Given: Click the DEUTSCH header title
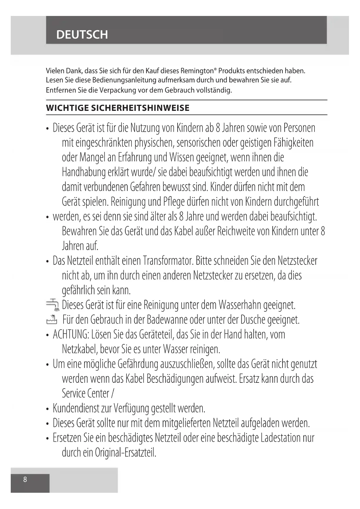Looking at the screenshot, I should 82,35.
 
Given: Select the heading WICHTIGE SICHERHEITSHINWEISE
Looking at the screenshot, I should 118,108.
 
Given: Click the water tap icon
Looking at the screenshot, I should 52,304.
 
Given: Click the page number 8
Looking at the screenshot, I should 25,479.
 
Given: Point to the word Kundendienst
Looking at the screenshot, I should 76,408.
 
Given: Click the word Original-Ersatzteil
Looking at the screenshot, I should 126,453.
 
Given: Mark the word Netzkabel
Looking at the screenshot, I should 80,349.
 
